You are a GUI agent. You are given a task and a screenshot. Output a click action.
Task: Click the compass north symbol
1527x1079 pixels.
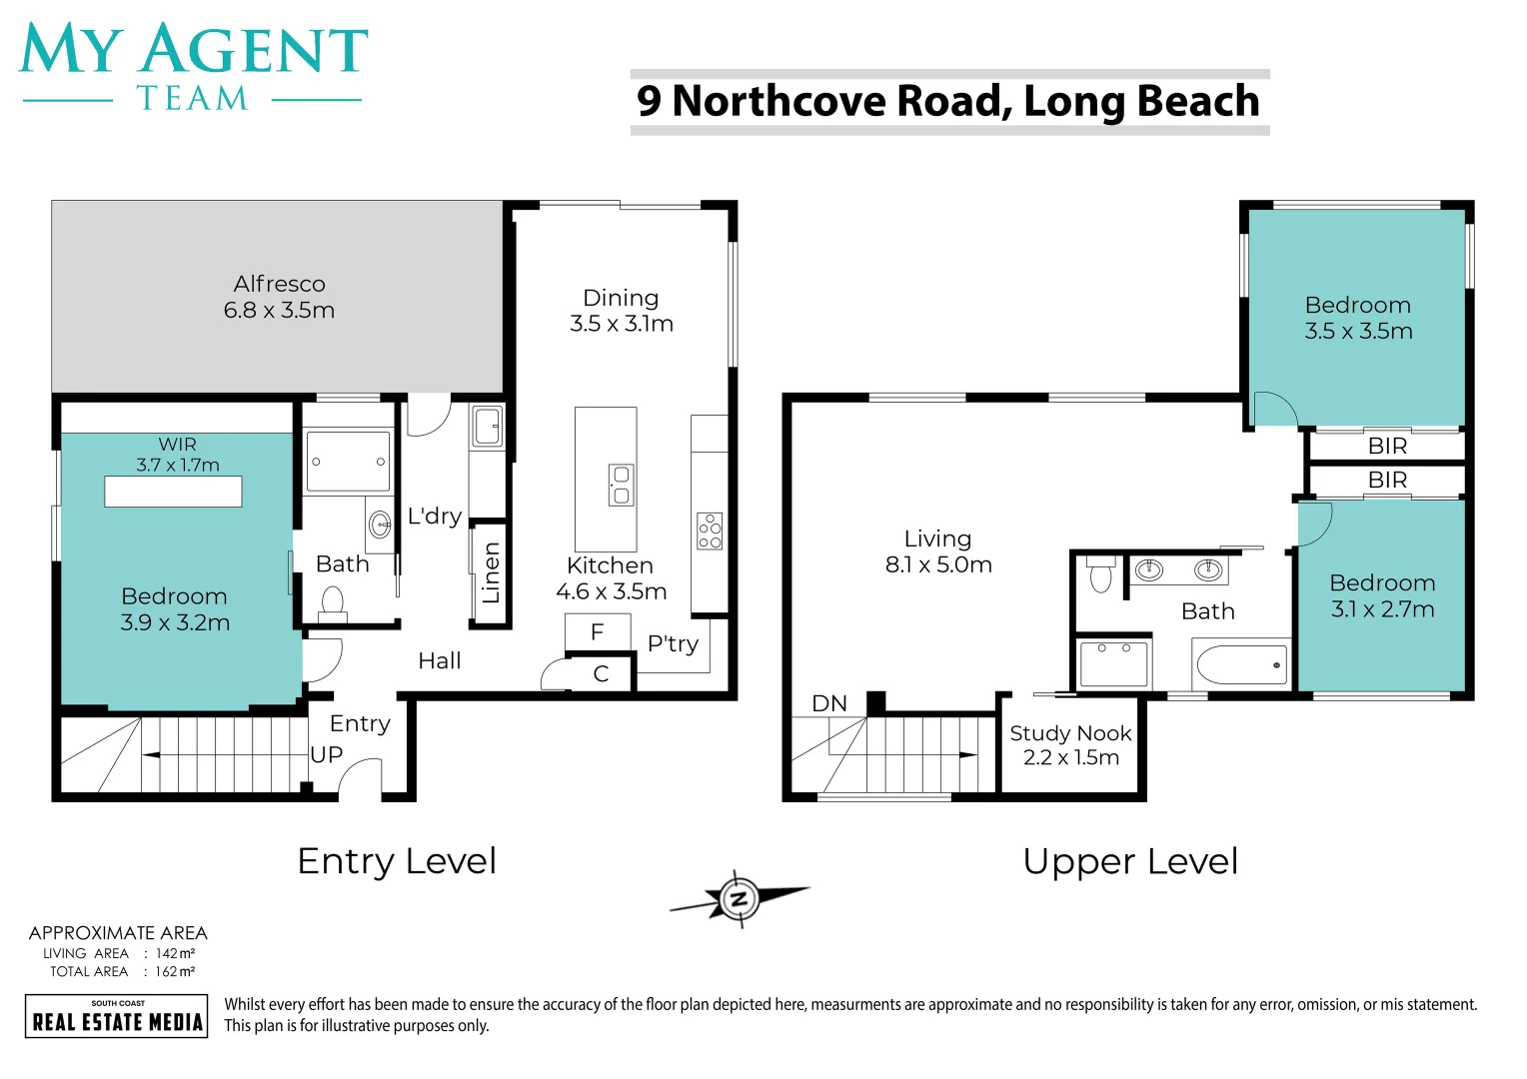[740, 899]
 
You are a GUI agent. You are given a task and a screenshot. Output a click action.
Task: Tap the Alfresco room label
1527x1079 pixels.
[279, 284]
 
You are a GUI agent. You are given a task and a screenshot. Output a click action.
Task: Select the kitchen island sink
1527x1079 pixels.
[621, 485]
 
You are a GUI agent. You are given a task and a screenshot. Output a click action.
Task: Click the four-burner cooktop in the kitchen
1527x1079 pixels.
[710, 531]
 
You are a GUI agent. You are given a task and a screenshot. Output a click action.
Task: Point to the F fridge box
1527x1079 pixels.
[598, 632]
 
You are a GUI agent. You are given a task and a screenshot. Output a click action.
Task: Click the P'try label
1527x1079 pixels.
[673, 644]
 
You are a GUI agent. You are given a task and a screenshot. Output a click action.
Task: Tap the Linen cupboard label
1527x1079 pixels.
[490, 573]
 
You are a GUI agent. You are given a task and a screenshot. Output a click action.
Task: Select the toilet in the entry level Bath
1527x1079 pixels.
[332, 603]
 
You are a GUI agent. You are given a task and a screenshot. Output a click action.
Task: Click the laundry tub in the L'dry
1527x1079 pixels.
[487, 427]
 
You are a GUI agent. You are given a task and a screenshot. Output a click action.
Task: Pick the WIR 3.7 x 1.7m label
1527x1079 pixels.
[178, 455]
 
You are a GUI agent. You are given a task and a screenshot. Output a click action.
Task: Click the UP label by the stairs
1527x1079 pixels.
[327, 755]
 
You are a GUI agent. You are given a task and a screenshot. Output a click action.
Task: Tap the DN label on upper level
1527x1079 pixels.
[829, 703]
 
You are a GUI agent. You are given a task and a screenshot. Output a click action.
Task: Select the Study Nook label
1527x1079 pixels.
[1070, 733]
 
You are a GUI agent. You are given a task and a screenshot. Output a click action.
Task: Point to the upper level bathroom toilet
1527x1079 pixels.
[1100, 574]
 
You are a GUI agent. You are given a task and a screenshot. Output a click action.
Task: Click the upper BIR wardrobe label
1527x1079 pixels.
[1387, 446]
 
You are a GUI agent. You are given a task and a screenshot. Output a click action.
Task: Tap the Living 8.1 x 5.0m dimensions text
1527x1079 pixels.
[938, 565]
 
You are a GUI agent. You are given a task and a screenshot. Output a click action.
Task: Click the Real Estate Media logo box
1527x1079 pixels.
[117, 1016]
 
